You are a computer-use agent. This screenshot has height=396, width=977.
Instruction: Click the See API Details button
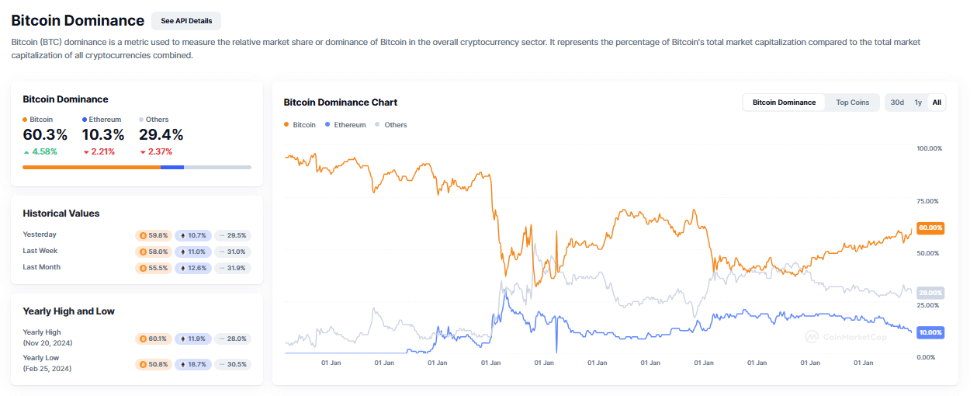pos(186,21)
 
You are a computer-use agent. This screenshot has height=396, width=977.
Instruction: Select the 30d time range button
pos(897,102)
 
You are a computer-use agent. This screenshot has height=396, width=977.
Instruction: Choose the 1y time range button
pos(918,102)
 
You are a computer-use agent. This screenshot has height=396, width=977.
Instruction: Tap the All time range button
pos(937,102)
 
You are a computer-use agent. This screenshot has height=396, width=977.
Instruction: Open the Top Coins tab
pos(852,102)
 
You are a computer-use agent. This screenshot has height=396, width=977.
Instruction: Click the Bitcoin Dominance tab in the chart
pos(784,102)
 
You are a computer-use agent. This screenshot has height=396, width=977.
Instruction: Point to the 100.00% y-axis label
pos(929,148)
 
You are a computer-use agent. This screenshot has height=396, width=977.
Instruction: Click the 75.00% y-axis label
pos(929,201)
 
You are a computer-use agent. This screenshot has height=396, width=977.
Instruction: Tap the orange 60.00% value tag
pos(930,228)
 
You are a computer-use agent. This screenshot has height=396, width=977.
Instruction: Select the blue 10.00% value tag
pos(930,332)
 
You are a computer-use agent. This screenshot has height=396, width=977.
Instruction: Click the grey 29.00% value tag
pos(930,293)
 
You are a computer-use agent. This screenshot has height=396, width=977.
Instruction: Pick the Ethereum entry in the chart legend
pos(345,125)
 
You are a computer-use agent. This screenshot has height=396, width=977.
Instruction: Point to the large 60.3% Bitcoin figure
pos(45,135)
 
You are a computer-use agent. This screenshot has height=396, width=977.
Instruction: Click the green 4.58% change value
pos(44,152)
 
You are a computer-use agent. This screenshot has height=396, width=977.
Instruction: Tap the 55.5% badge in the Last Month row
pos(152,268)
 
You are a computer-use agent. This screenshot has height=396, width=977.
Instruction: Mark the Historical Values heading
pos(61,214)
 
